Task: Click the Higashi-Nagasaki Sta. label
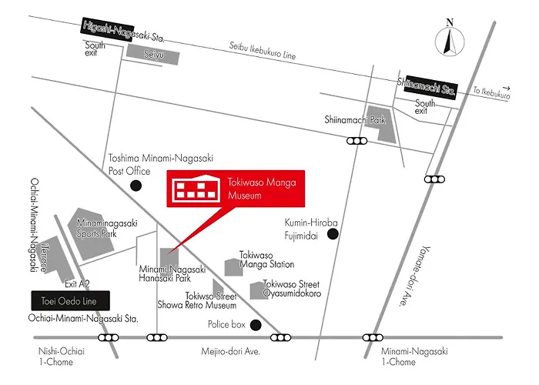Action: pos(123,32)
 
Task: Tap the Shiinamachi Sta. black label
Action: pos(430,87)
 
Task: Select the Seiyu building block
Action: pos(153,55)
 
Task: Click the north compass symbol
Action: pos(450,38)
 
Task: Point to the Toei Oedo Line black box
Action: pos(71,301)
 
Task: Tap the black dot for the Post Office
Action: pos(136,186)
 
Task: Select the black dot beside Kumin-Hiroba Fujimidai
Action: pos(333,234)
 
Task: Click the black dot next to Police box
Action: pos(256,325)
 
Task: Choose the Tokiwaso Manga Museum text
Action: pos(262,189)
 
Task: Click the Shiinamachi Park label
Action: pos(355,119)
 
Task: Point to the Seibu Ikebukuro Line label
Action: pos(263,51)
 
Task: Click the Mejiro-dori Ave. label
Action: pos(231,351)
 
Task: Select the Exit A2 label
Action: pos(77,283)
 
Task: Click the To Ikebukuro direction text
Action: pos(491,92)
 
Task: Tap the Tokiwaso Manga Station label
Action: pos(266,259)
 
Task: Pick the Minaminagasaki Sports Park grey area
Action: pos(92,234)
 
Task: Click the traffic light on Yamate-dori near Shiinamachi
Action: pos(434,179)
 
